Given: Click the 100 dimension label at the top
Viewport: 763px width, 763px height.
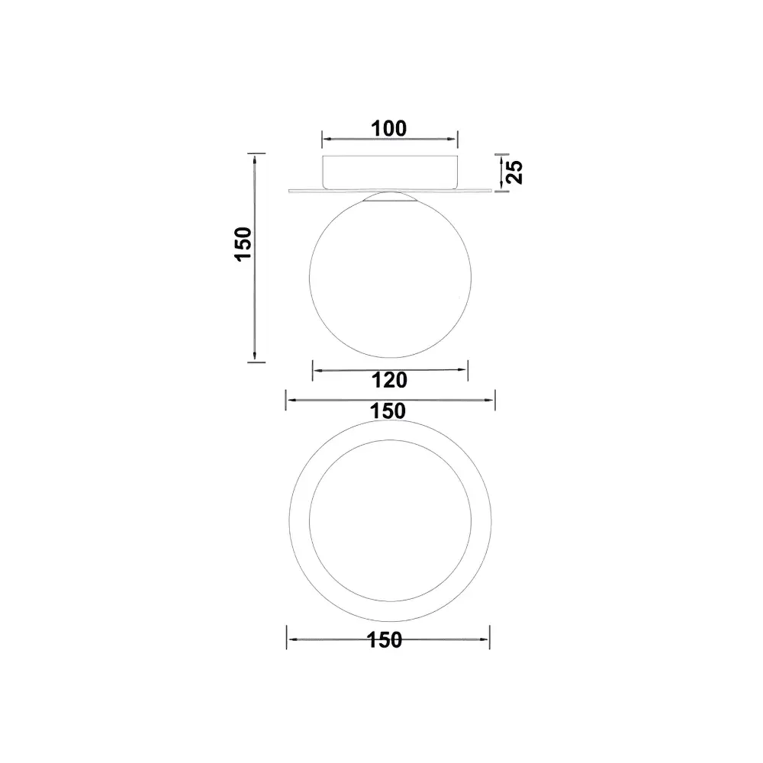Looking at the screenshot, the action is (x=389, y=129).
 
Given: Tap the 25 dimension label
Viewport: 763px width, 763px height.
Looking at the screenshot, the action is (x=515, y=172).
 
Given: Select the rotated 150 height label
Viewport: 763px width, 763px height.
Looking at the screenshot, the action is (x=243, y=244).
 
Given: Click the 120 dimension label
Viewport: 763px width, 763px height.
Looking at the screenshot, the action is (x=389, y=380).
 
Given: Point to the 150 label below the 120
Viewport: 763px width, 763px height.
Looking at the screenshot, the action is (x=388, y=411).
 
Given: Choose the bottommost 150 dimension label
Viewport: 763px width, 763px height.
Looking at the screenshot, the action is (x=385, y=640).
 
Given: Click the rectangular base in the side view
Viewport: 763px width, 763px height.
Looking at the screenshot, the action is (x=390, y=172).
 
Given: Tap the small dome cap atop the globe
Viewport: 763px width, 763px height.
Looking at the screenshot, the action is (x=390, y=197).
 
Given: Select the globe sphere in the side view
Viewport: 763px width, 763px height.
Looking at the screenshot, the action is (x=390, y=276).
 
